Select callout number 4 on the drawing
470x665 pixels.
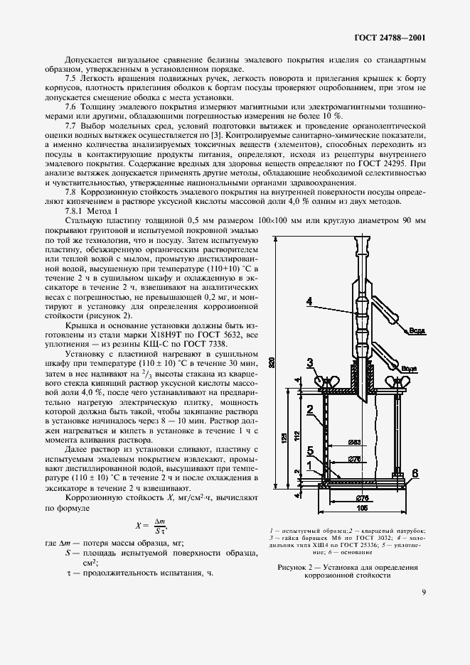(310, 301)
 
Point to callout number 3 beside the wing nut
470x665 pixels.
(310, 363)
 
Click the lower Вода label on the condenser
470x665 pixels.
(409, 369)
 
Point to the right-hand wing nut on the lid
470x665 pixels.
(396, 384)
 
